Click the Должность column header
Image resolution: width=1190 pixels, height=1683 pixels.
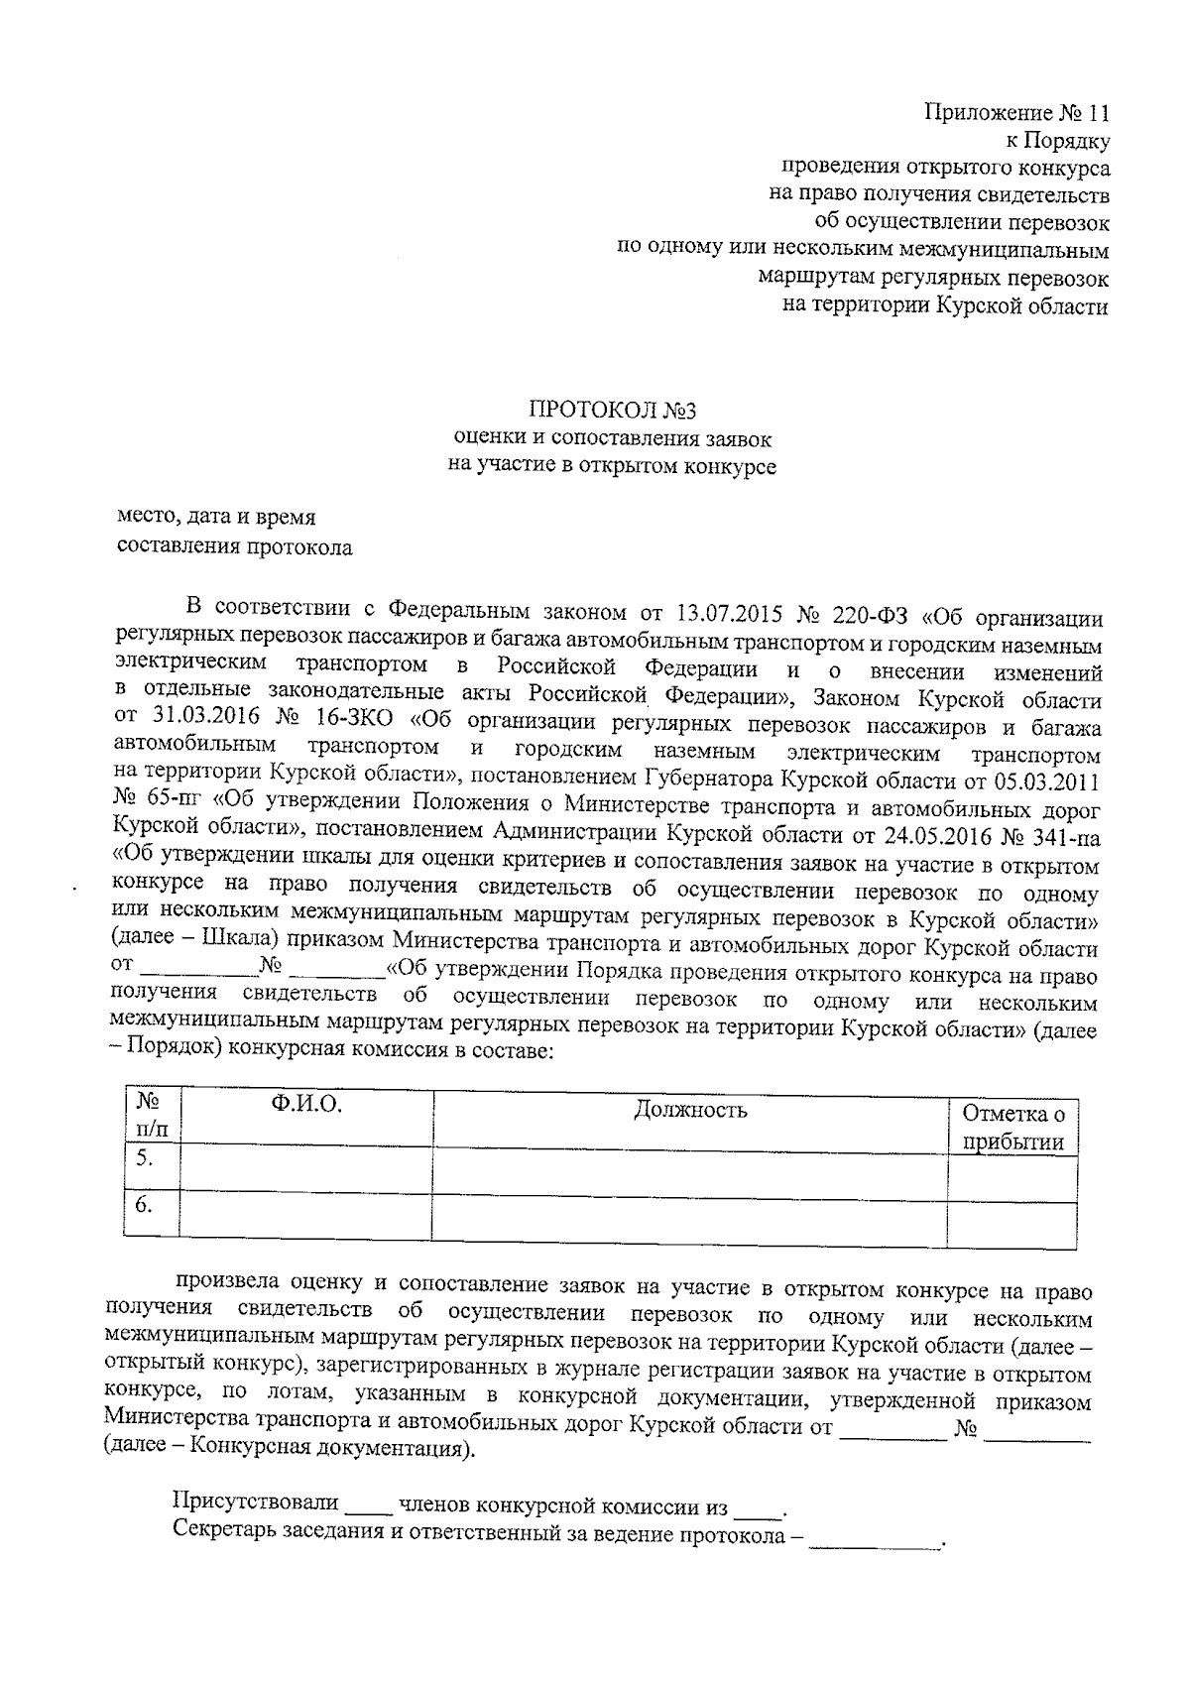690,1109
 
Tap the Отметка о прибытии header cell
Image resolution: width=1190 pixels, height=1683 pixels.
1012,1128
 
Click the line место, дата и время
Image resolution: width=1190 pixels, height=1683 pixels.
216,518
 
